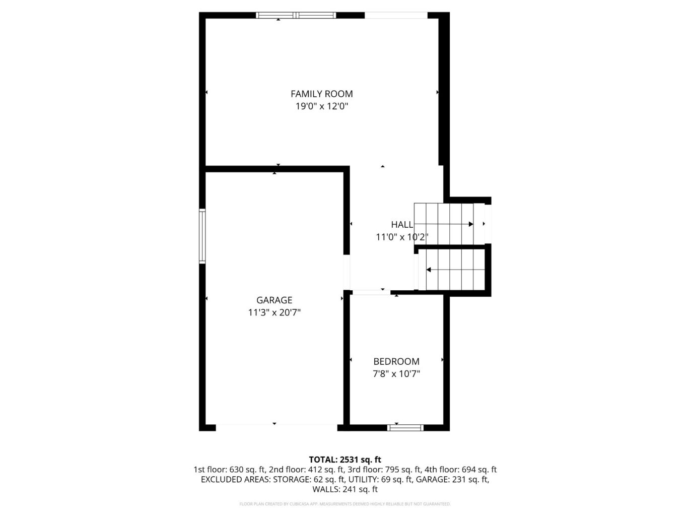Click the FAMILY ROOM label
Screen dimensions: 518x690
pos(321,94)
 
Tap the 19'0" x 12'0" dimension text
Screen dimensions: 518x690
pos(321,106)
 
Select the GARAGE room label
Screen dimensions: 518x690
pos(274,300)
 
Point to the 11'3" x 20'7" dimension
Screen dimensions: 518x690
pos(274,312)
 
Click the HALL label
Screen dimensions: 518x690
pos(402,225)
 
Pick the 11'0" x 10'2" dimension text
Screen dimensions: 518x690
pos(402,237)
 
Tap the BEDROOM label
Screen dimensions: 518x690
pos(396,361)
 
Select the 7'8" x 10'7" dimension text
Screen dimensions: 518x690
pos(396,374)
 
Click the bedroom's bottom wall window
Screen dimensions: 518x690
pos(405,428)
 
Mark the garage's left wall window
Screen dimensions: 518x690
pos(202,236)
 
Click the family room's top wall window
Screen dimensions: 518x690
pos(296,15)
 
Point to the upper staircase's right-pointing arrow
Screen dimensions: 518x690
pos(470,224)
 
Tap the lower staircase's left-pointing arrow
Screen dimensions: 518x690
pos(429,270)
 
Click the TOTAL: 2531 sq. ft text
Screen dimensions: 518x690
pos(345,460)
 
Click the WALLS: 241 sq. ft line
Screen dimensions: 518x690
pos(345,489)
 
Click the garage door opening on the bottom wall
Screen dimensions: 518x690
pos(277,427)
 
